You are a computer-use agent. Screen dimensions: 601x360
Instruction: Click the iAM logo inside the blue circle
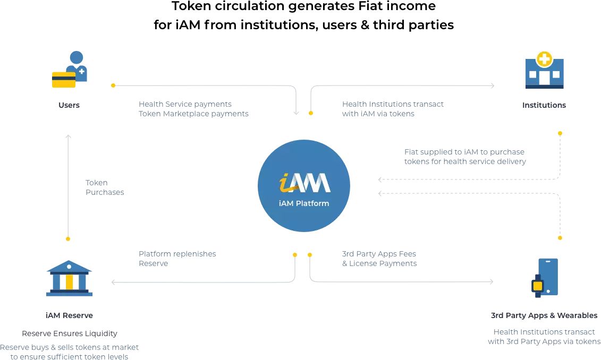304,183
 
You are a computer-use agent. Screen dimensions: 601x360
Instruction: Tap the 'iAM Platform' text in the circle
304,203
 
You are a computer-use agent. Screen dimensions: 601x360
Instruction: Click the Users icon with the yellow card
70,70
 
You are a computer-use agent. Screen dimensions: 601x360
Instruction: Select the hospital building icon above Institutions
544,70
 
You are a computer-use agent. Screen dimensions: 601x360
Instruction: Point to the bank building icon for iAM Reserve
69,278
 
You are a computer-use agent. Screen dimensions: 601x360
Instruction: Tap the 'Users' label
69,105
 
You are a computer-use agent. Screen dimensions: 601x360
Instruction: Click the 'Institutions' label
544,105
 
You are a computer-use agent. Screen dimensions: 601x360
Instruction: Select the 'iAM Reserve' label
69,315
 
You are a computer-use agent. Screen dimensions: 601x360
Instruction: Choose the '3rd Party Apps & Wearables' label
544,315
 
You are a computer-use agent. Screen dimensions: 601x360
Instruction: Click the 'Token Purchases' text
105,187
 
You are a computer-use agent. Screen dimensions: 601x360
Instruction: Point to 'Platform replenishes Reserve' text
177,259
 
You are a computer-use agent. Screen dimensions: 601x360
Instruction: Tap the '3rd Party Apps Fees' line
379,254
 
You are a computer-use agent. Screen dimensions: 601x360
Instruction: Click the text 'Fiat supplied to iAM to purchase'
464,152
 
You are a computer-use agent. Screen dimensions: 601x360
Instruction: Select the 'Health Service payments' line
185,104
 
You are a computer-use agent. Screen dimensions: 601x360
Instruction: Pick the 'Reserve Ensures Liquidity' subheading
70,333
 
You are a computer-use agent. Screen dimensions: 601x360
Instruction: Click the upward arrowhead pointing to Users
68,136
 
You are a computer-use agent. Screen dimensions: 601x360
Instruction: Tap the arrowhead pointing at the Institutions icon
493,86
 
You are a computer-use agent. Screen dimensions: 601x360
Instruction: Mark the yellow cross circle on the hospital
544,59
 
